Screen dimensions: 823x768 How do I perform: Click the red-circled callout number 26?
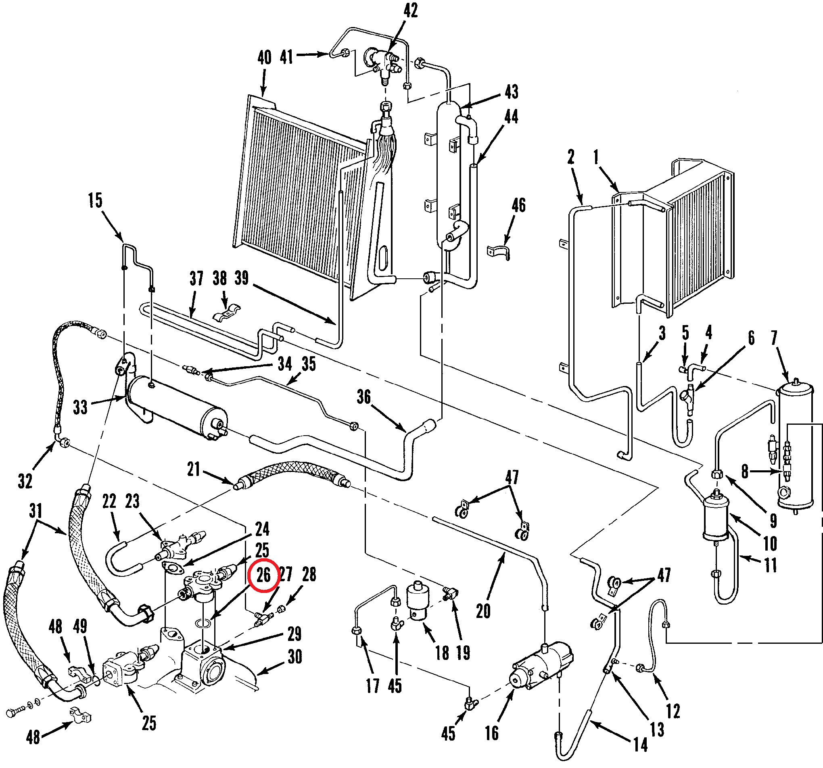click(263, 575)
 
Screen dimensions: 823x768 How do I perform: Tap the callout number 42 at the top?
click(411, 10)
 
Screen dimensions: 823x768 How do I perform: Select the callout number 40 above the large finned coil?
click(265, 58)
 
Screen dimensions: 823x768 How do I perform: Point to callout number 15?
click(95, 200)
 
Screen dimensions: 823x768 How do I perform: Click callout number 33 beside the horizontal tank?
click(80, 407)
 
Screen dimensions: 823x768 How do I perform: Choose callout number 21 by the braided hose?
click(193, 470)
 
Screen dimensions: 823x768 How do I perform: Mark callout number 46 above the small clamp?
click(519, 205)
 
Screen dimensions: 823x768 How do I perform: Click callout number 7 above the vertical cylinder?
click(774, 338)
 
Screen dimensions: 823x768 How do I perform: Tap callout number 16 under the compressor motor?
click(492, 733)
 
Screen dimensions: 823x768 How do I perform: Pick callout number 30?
click(295, 657)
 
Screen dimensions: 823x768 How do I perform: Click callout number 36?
click(364, 397)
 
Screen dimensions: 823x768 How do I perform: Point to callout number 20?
click(483, 611)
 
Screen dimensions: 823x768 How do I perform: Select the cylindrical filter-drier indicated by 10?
click(716, 515)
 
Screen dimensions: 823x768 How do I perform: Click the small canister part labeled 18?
click(418, 601)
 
